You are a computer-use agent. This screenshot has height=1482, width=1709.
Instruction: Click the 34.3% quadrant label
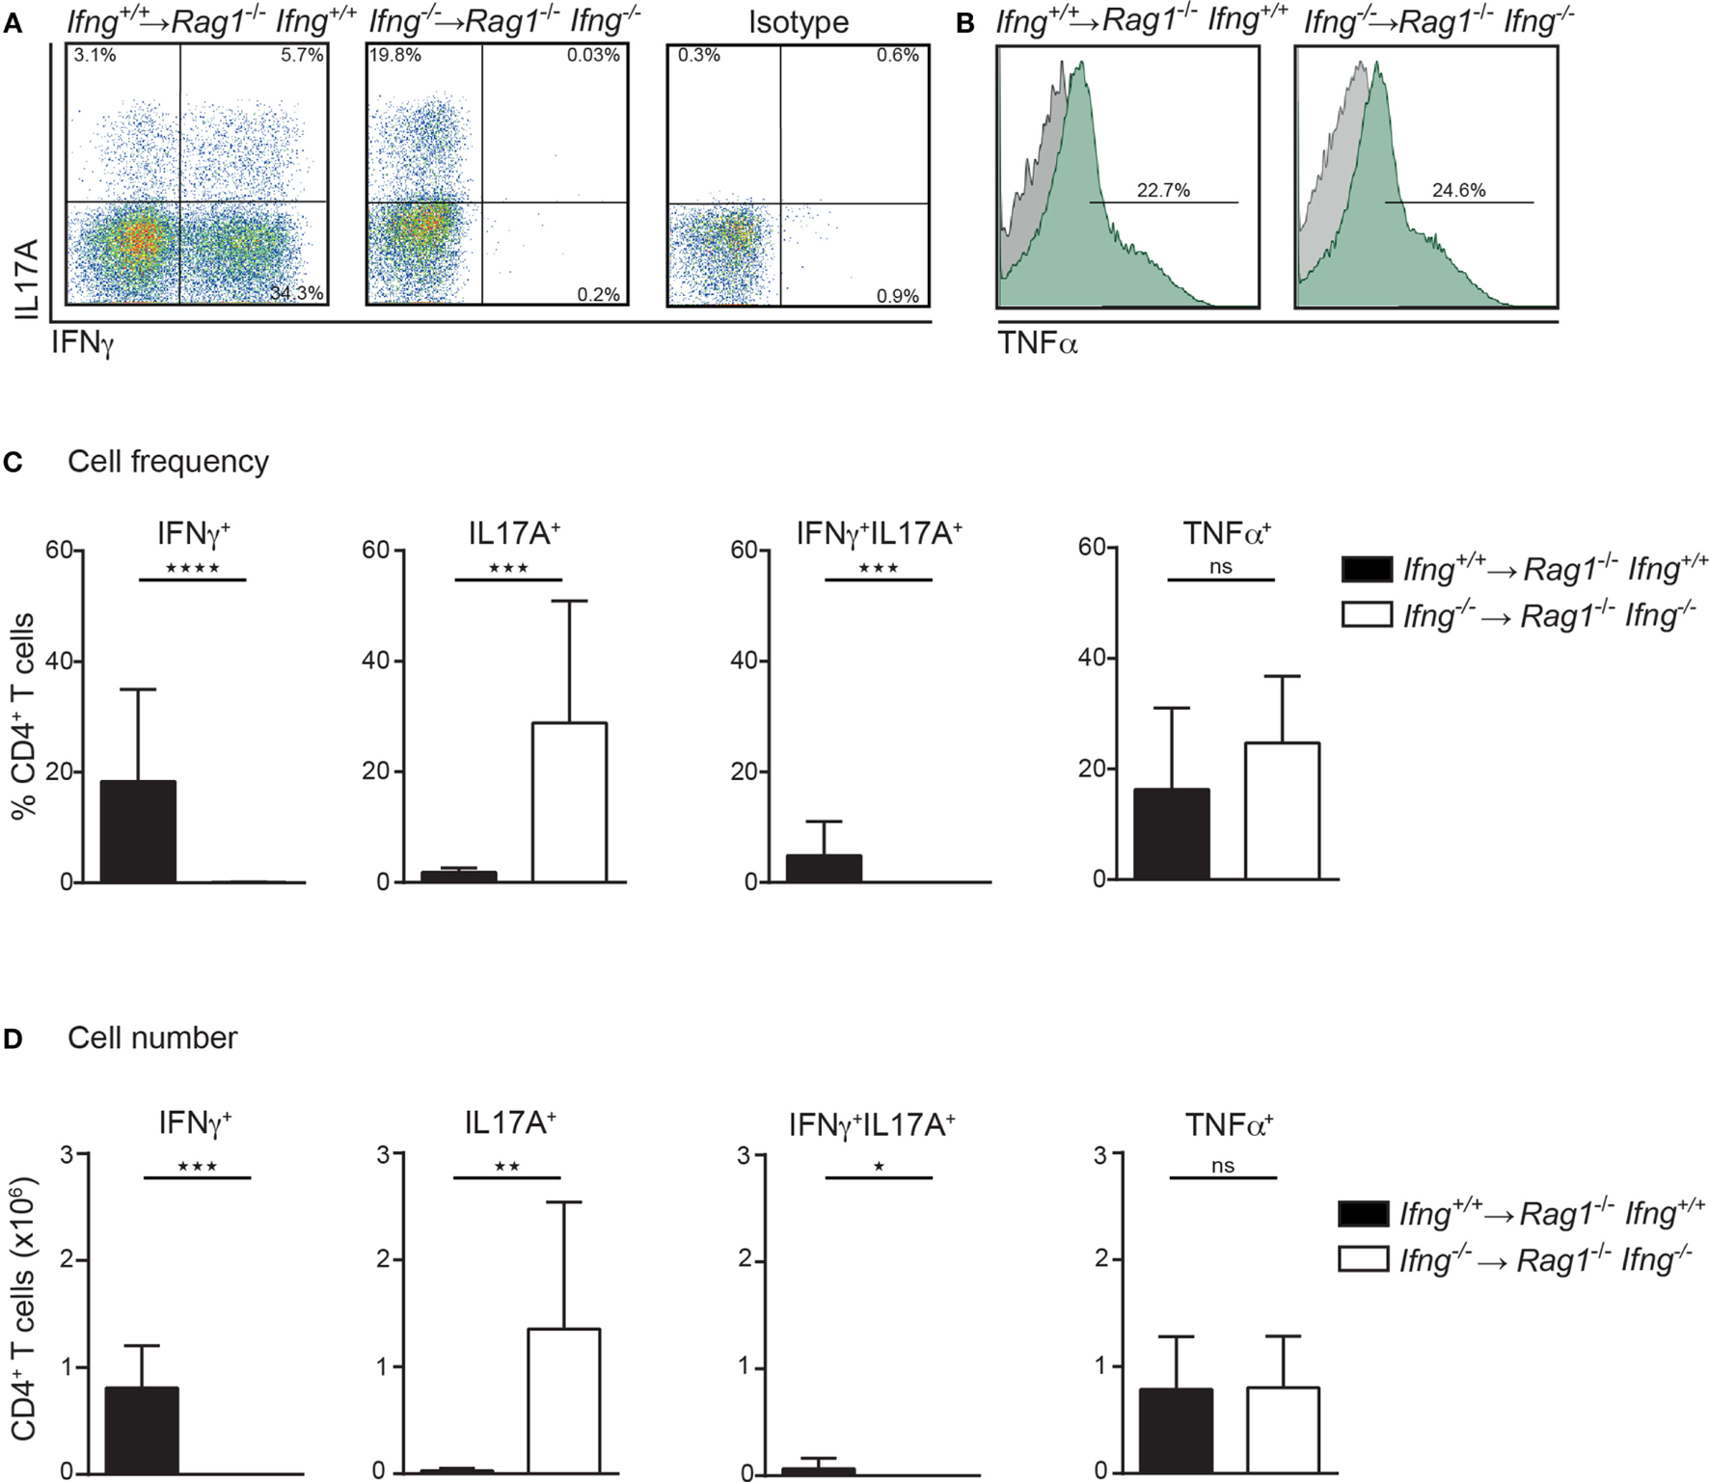(296, 293)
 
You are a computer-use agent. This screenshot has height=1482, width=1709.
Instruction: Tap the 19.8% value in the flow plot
(395, 56)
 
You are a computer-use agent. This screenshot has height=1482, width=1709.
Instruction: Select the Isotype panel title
(799, 22)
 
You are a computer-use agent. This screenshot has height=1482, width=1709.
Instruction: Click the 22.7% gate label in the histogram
(1163, 190)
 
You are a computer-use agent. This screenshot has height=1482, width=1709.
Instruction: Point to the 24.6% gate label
(1458, 190)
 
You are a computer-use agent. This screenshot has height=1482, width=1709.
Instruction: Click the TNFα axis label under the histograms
(1038, 341)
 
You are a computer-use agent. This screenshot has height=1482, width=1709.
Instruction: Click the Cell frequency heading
(168, 462)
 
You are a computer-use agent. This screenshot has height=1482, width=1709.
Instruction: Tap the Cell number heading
(152, 1037)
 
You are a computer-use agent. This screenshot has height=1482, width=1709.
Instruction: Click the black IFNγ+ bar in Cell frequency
(139, 831)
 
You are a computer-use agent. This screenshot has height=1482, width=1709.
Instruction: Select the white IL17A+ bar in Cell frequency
(569, 802)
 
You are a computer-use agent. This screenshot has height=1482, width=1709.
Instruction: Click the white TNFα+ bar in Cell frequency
(1282, 811)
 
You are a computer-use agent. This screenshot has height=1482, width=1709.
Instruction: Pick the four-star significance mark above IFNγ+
(193, 568)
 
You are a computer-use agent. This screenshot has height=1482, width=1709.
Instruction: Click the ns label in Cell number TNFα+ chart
(1222, 1166)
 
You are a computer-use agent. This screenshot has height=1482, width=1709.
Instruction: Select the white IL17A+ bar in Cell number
(563, 1400)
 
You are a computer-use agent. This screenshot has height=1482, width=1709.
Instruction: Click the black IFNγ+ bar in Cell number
(142, 1429)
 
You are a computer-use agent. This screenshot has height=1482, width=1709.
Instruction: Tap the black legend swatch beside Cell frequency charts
(1367, 569)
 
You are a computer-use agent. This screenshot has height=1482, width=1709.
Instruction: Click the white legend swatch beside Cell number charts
(1364, 1259)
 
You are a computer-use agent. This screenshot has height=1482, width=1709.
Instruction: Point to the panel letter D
(13, 1038)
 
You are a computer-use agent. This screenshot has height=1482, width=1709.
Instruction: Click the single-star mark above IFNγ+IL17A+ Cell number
(879, 1167)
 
